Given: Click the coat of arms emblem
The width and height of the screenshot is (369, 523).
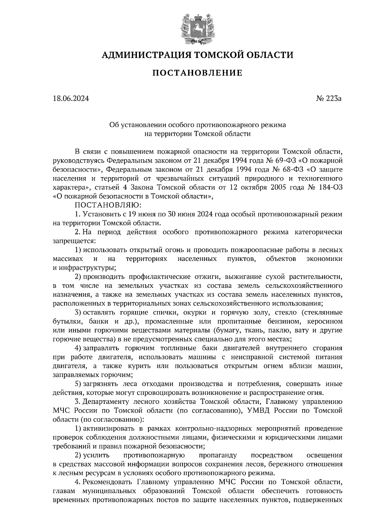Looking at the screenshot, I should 197,28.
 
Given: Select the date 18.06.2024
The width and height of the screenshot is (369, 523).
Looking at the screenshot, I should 71,99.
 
